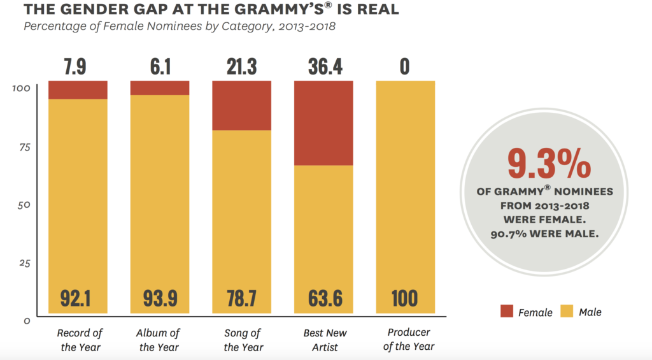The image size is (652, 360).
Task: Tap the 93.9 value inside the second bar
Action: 160,298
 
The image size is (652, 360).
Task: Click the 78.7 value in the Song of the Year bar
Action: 241,298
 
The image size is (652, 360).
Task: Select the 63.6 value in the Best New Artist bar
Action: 323,298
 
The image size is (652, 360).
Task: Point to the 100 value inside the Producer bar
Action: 405,298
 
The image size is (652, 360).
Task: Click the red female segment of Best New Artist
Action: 323,123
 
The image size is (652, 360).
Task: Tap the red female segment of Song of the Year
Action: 241,105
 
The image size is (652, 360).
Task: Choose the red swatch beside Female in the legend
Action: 506,312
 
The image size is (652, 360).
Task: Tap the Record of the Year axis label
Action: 80,340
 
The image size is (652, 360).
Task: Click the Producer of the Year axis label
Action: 408,339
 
